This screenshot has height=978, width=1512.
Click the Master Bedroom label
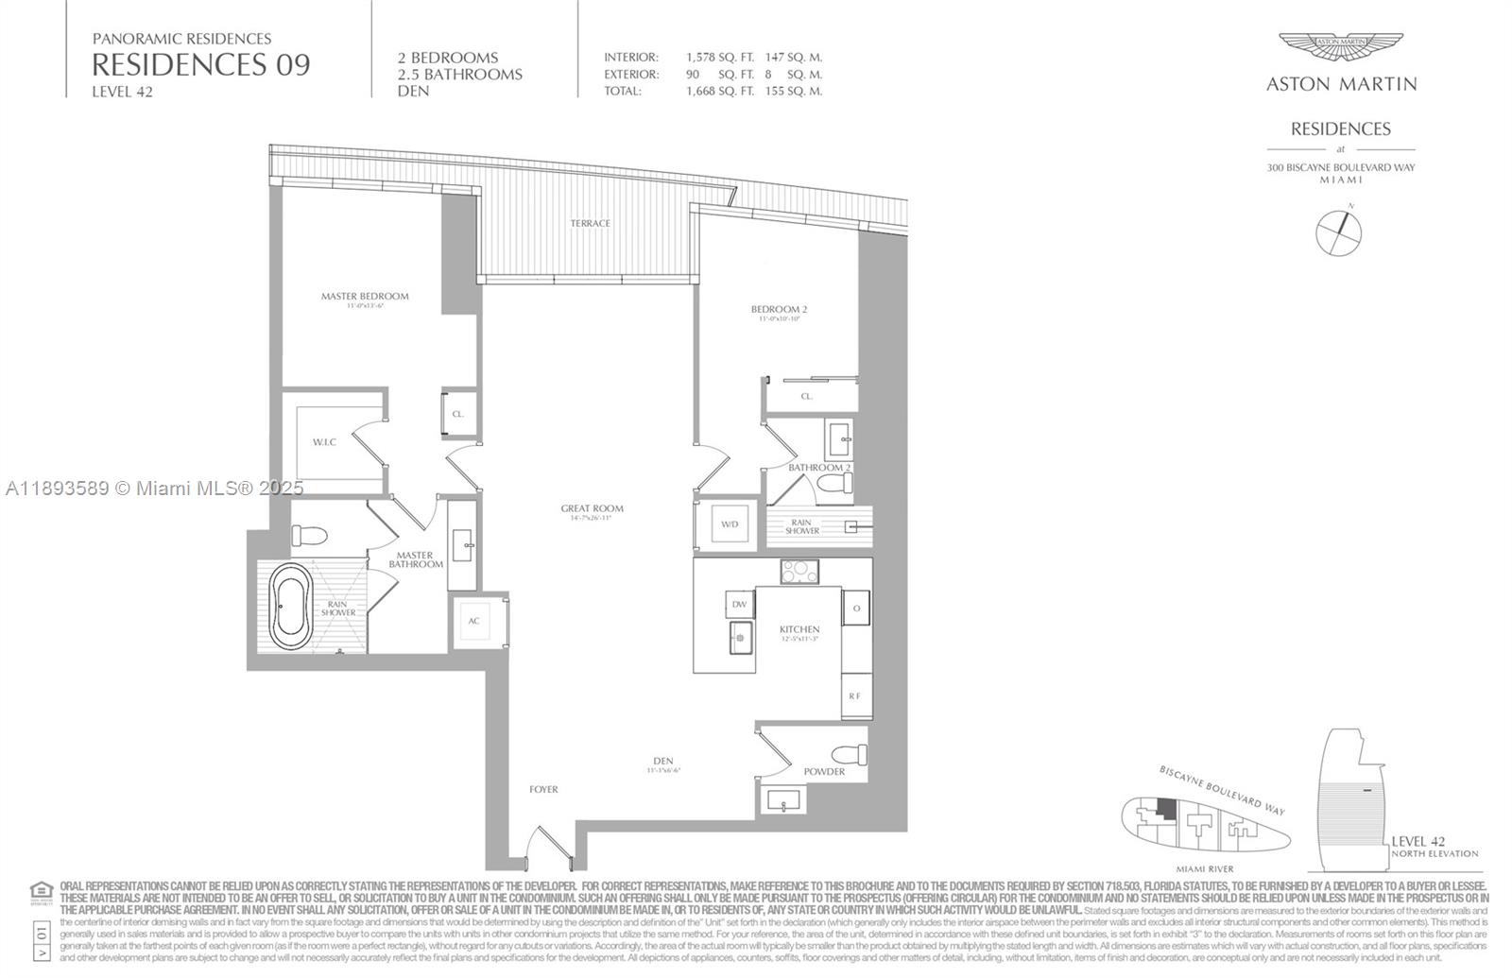point(365,296)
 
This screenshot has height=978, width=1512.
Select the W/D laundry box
point(730,523)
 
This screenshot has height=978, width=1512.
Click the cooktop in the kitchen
point(799,572)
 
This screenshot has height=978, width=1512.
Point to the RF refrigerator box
point(855,696)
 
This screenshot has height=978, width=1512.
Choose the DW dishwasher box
point(740,605)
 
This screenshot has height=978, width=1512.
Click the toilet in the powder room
point(850,755)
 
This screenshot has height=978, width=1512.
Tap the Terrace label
point(590,223)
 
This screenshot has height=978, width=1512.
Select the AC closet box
point(474,621)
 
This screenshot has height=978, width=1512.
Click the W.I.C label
point(324,442)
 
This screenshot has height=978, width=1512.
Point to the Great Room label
point(592,508)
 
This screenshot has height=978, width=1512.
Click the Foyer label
point(543,789)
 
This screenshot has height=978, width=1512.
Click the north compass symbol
point(1339,232)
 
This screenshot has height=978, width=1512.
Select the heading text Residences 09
point(200,64)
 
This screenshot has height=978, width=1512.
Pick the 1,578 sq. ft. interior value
point(720,58)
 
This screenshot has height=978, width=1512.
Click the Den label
point(662,761)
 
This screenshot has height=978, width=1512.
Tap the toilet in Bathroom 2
point(835,485)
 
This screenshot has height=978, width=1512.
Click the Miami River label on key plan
point(1204,868)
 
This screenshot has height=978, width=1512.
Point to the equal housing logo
point(41,890)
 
